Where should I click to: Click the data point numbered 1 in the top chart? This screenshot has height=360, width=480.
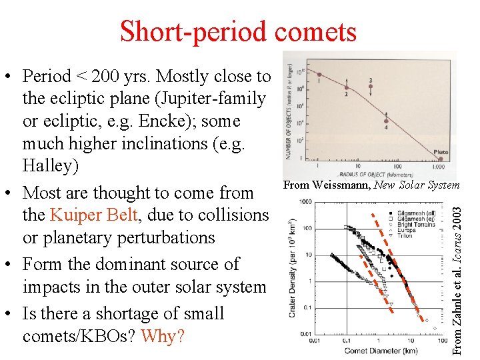click(x=319, y=74)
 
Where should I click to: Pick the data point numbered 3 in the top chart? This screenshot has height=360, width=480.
click(x=370, y=87)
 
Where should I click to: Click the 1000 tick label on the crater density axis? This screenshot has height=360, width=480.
click(x=305, y=201)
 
